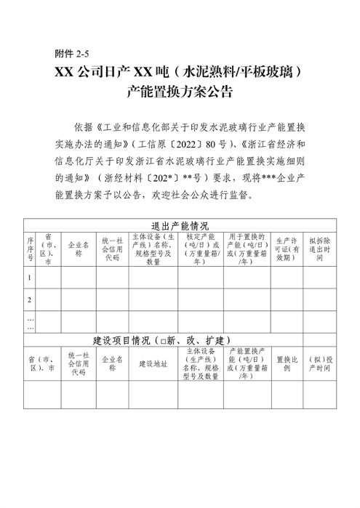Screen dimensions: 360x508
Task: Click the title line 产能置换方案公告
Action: click(x=179, y=92)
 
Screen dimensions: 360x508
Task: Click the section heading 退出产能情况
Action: click(x=179, y=225)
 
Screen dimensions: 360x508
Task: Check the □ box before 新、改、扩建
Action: click(x=167, y=339)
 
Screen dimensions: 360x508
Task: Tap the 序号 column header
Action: click(x=31, y=247)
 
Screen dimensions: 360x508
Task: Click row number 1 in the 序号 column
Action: click(x=31, y=278)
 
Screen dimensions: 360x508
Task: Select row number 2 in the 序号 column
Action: click(x=31, y=299)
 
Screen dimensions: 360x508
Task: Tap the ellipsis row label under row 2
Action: click(x=31, y=322)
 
